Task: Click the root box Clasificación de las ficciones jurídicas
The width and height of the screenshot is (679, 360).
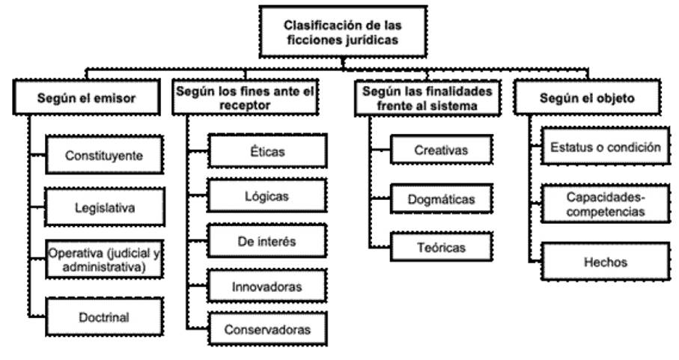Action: pos(341,31)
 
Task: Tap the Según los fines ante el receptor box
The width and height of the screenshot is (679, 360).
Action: pos(247,98)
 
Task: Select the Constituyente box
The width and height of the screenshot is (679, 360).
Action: pos(103,156)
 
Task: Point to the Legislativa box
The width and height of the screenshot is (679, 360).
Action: pos(103,207)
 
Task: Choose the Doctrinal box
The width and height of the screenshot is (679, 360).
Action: pos(103,317)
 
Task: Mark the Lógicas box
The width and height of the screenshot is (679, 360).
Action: pos(267,197)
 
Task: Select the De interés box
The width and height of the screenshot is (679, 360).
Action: pos(267,241)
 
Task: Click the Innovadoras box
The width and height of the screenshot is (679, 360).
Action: pos(267,285)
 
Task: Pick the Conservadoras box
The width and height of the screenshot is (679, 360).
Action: pos(267,328)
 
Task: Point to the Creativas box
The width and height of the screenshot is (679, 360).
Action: pos(441,150)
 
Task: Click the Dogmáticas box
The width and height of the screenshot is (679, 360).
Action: pos(441,200)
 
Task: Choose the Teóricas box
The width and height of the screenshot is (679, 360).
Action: pos(441,246)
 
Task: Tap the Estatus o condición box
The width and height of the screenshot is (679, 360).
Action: pos(602,147)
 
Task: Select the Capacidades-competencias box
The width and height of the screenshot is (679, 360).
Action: pos(602,204)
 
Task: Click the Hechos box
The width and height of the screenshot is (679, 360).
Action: pos(602,262)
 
